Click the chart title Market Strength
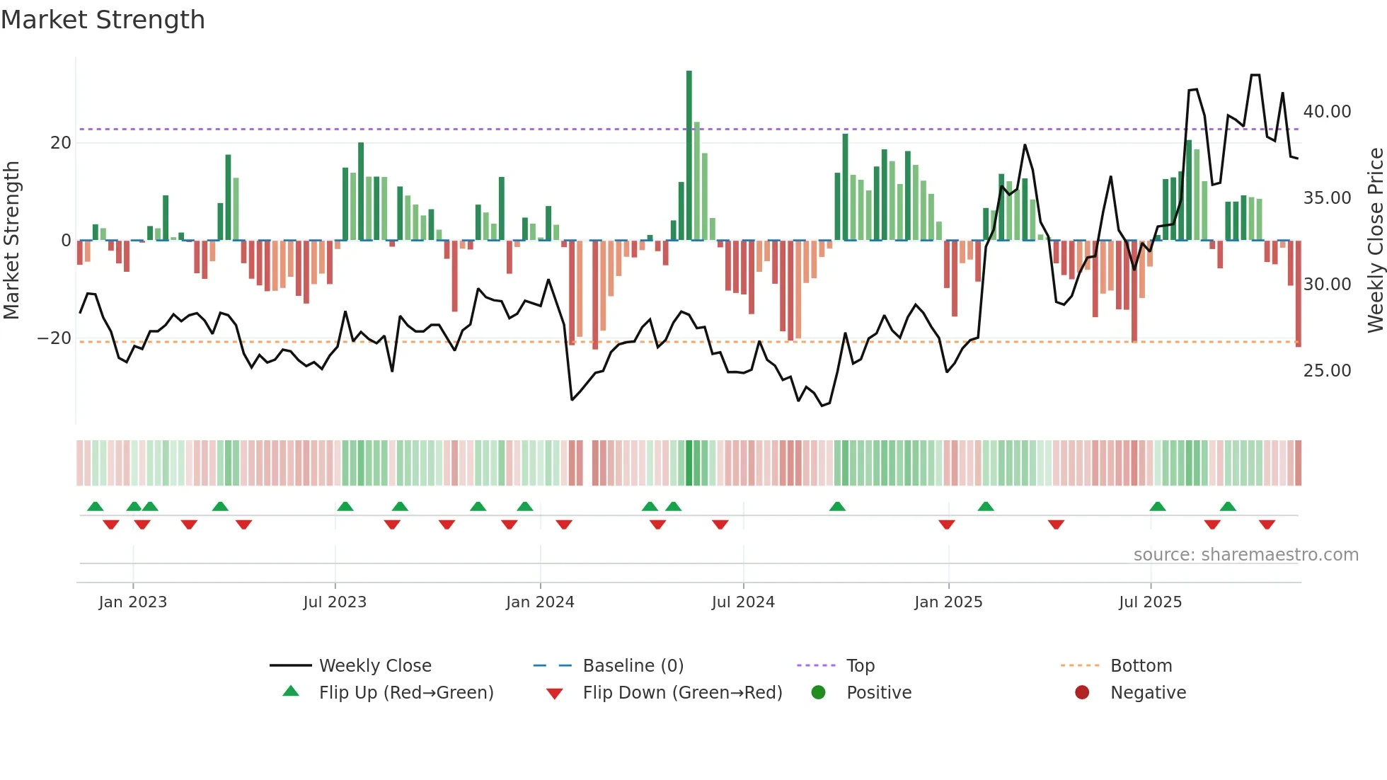pos(103,20)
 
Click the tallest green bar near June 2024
pos(689,156)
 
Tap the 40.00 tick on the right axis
pos(1327,112)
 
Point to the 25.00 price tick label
pos(1327,371)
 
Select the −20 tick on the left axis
pos(54,338)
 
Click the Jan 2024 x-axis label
pos(540,602)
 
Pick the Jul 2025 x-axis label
pos(1150,602)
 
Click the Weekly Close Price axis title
pos(1375,241)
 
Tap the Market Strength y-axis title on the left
pos(11,241)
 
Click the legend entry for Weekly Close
pos(374,666)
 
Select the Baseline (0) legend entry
pos(633,666)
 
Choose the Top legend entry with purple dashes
pos(860,666)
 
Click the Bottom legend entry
pos(1141,666)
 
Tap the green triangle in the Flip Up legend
pos(291,692)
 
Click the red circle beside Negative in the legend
pos(1082,692)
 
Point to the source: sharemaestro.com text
pos(1245,555)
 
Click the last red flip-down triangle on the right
pos(1267,524)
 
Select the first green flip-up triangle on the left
pos(95,506)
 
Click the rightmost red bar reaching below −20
pos(1298,294)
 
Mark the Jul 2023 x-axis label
pos(335,602)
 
